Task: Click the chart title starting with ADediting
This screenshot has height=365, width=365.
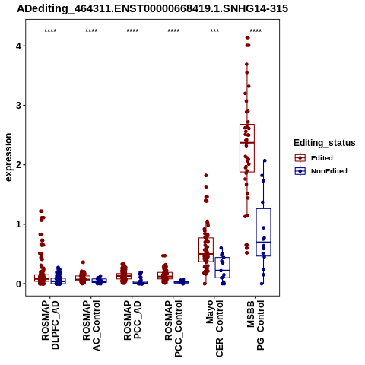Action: (152, 8)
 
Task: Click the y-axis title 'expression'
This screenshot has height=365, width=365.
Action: (8, 157)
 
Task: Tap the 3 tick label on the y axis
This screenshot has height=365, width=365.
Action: (19, 105)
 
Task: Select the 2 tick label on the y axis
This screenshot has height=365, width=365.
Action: (19, 165)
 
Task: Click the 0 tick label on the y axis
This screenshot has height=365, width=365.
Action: (19, 284)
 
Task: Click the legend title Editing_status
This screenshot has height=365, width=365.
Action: (325, 143)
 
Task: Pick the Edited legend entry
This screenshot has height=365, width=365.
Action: (314, 158)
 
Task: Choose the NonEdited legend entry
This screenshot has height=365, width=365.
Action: (321, 171)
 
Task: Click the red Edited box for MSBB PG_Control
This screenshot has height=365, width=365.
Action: (247, 148)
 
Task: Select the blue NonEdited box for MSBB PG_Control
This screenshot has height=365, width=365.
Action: (264, 232)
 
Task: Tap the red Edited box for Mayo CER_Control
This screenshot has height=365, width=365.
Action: (206, 249)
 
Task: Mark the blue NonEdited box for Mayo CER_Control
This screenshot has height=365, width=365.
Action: (222, 268)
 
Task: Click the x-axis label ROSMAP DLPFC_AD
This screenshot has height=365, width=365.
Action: (50, 325)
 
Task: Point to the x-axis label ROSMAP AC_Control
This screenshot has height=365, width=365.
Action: (91, 325)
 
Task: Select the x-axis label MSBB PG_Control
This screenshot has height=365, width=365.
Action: (255, 325)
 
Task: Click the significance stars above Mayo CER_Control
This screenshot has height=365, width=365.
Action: (214, 31)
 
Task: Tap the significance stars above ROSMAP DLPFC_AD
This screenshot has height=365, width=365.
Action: (50, 31)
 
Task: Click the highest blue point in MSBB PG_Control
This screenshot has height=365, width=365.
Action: (265, 160)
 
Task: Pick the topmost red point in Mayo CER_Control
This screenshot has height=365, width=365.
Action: (206, 176)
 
